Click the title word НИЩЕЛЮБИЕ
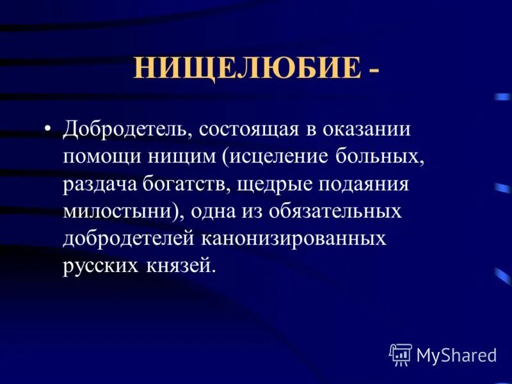[x=247, y=67]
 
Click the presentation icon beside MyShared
[x=401, y=354]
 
